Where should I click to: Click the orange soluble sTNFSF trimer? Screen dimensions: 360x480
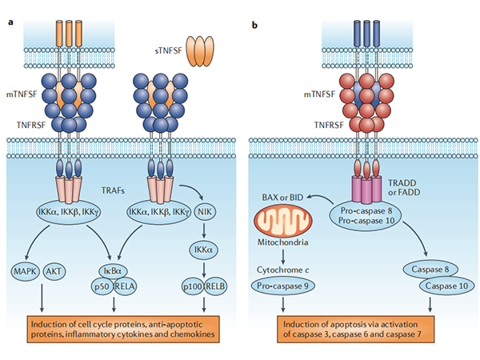click(203, 50)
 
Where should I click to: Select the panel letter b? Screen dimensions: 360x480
click(254, 25)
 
